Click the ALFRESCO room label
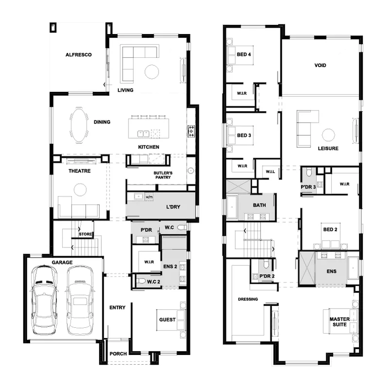click(78, 55)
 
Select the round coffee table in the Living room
click(152, 71)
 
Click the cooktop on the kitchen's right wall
click(191, 131)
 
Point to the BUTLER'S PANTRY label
click(163, 175)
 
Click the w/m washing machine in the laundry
click(149, 197)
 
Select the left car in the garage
click(44, 300)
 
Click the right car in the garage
click(80, 300)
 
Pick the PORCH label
click(118, 354)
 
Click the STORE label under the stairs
click(86, 234)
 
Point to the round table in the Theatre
click(80, 190)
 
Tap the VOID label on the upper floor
click(320, 66)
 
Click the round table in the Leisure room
click(328, 135)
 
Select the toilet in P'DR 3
click(309, 172)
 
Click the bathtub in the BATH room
click(232, 207)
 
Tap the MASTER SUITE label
click(339, 322)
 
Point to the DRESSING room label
click(248, 299)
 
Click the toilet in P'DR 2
click(266, 264)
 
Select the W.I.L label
click(270, 172)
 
